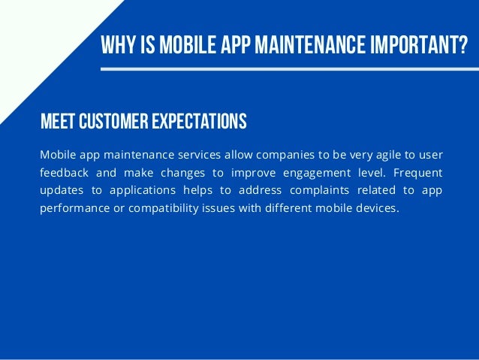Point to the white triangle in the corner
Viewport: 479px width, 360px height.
(x=38, y=38)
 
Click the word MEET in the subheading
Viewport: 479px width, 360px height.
(x=57, y=120)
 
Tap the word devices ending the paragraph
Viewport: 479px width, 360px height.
(x=375, y=208)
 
